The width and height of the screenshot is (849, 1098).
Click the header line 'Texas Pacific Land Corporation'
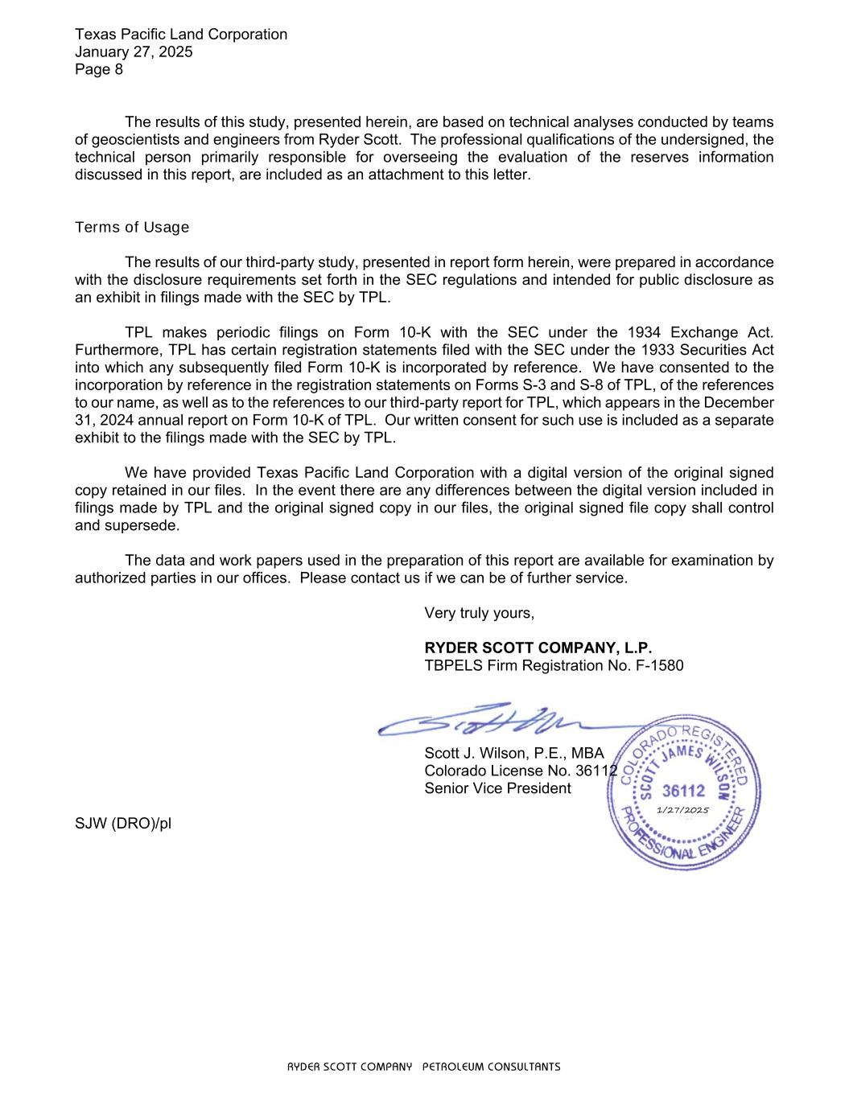[x=180, y=35]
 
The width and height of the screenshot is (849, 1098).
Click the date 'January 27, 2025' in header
[x=134, y=52]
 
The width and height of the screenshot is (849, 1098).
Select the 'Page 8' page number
[x=99, y=69]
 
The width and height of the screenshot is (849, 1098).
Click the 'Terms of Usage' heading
[x=132, y=228]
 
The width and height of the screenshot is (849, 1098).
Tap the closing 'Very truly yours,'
[x=479, y=613]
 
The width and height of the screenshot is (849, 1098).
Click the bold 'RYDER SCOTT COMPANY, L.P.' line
[x=538, y=648]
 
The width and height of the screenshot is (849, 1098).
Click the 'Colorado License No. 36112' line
[x=520, y=771]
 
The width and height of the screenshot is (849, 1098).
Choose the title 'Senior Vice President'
[x=497, y=788]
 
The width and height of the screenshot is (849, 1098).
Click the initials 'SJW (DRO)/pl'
[x=123, y=824]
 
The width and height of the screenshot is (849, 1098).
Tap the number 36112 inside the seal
[x=682, y=791]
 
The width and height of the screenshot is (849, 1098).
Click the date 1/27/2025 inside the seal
[x=682, y=810]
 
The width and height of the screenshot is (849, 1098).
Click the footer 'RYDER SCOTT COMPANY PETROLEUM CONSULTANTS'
[x=424, y=1067]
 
